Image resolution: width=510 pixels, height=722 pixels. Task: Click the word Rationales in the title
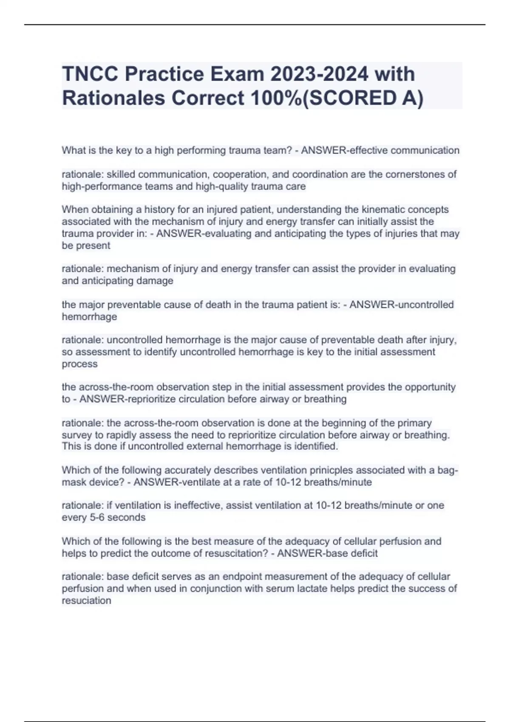point(113,98)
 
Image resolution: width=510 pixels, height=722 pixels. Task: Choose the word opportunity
point(430,387)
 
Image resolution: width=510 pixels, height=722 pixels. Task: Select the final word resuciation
point(86,601)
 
